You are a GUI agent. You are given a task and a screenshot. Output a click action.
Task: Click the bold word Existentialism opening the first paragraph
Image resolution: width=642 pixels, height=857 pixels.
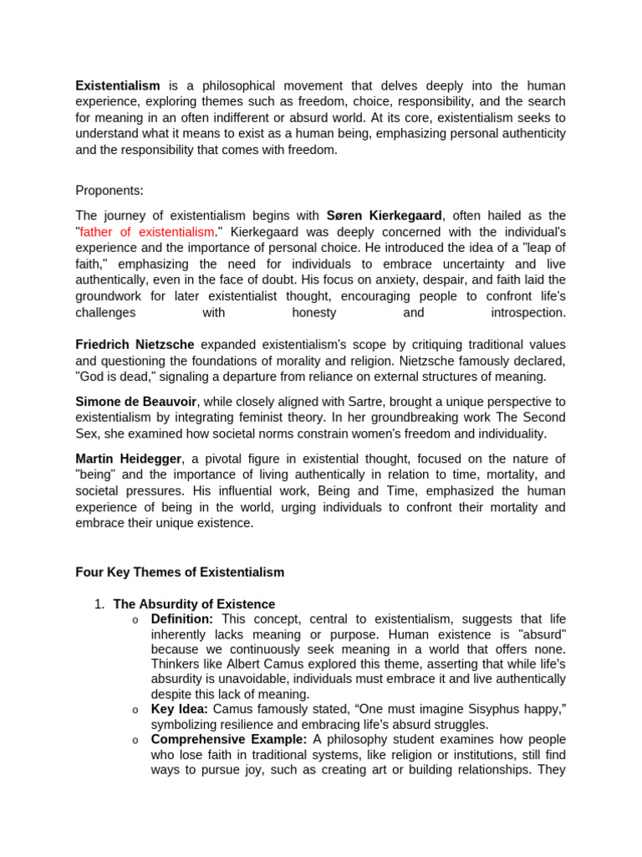click(117, 86)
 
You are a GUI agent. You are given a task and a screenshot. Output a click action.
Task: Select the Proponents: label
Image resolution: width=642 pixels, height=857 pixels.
click(109, 190)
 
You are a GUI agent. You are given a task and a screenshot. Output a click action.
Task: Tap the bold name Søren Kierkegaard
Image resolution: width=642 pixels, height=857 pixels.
click(384, 216)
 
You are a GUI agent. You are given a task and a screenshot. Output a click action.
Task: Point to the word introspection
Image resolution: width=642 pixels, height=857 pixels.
click(527, 312)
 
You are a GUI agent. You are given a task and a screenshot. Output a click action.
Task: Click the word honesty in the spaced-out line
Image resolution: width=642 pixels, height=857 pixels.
click(313, 312)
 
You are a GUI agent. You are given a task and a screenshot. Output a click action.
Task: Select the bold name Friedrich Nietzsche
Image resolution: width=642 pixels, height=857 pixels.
click(135, 345)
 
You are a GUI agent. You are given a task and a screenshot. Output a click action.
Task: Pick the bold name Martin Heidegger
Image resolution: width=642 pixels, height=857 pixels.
click(129, 459)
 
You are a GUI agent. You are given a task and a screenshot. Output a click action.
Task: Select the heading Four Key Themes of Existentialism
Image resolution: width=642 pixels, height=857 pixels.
click(180, 572)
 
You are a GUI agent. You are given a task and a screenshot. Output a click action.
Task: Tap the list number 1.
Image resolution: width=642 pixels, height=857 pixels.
click(99, 604)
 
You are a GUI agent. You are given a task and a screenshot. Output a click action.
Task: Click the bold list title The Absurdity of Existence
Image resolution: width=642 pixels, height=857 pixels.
click(194, 604)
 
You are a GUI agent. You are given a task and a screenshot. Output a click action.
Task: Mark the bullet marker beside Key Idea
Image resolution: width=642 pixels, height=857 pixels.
click(135, 711)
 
